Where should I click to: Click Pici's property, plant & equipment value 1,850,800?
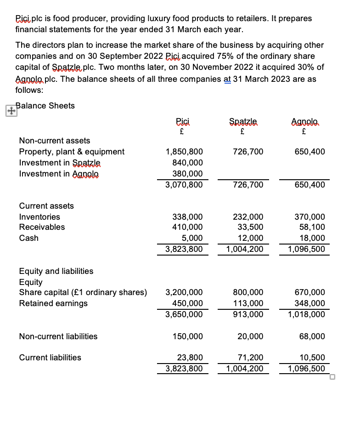point(184,152)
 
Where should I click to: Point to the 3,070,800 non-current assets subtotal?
point(184,185)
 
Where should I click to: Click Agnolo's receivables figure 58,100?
point(314,227)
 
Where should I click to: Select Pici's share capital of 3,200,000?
point(184,292)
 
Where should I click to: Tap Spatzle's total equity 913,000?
point(250,314)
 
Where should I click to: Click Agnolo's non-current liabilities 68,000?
point(314,336)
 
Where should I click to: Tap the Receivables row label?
point(42,227)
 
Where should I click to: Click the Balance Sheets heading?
point(45,106)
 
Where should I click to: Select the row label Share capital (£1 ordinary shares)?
point(83,292)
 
